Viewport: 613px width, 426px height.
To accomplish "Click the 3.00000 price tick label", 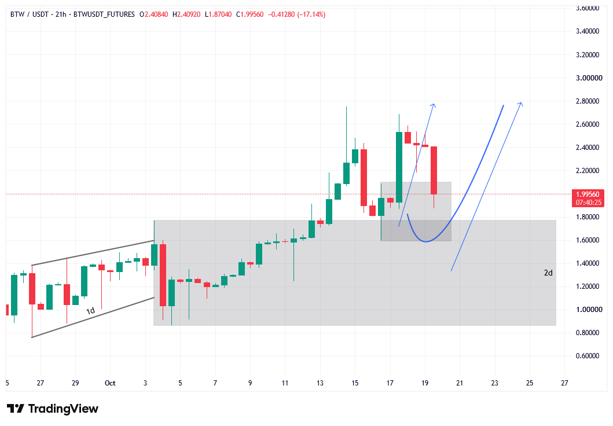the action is click(589, 78).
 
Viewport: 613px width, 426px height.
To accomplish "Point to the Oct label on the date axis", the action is click(110, 383).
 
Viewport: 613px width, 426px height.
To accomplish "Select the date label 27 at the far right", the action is click(564, 383).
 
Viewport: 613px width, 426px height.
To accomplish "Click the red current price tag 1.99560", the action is click(588, 194).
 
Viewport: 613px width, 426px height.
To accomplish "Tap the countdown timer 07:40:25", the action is click(588, 203).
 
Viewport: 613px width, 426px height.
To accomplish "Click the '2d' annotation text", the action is click(548, 273).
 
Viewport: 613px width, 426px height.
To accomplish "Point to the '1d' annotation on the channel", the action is click(90, 311).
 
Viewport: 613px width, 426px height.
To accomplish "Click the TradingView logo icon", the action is click(16, 409).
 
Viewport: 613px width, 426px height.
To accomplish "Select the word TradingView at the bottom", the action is click(63, 409).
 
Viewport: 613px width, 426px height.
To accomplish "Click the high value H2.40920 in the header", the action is click(186, 14).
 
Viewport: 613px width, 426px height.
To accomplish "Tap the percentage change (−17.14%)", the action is click(311, 14).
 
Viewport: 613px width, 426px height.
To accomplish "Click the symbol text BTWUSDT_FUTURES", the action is click(104, 14).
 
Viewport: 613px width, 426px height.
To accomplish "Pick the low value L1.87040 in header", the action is click(218, 14).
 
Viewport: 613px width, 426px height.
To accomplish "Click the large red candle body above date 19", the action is click(434, 170).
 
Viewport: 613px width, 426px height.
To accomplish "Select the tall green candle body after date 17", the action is click(399, 167).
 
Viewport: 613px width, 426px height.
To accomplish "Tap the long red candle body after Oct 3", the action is click(163, 275).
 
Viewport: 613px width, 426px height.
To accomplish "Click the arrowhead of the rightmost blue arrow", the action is click(520, 104).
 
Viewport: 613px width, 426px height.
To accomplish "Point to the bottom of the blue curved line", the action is click(425, 241).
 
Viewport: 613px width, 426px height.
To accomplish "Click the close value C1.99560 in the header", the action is click(250, 14).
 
